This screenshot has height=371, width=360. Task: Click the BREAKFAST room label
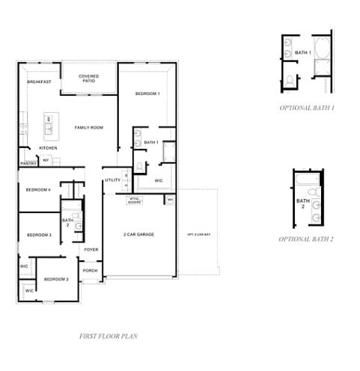[x=39, y=82]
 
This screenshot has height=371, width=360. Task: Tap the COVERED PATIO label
[x=89, y=78]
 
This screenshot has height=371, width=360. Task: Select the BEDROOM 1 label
[x=147, y=93]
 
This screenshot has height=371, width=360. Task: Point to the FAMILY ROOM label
[x=89, y=128]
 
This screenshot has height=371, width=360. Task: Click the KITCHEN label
[x=48, y=148]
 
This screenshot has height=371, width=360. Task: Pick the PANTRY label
[x=28, y=163]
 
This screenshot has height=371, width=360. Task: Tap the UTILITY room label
[x=112, y=180]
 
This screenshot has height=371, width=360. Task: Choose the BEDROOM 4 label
[x=38, y=190]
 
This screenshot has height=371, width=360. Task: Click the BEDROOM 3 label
[x=39, y=235]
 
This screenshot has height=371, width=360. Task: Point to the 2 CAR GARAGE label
[x=138, y=235]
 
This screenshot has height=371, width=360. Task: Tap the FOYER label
[x=91, y=249]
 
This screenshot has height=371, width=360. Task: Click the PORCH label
[x=90, y=271]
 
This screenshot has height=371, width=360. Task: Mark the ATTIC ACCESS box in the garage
[x=135, y=200]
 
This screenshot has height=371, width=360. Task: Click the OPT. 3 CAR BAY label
[x=198, y=235]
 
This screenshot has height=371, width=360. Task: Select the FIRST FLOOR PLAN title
[x=108, y=337]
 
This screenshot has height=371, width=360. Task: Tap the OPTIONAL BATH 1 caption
[x=307, y=108]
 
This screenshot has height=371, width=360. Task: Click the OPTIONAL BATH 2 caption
[x=306, y=239]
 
